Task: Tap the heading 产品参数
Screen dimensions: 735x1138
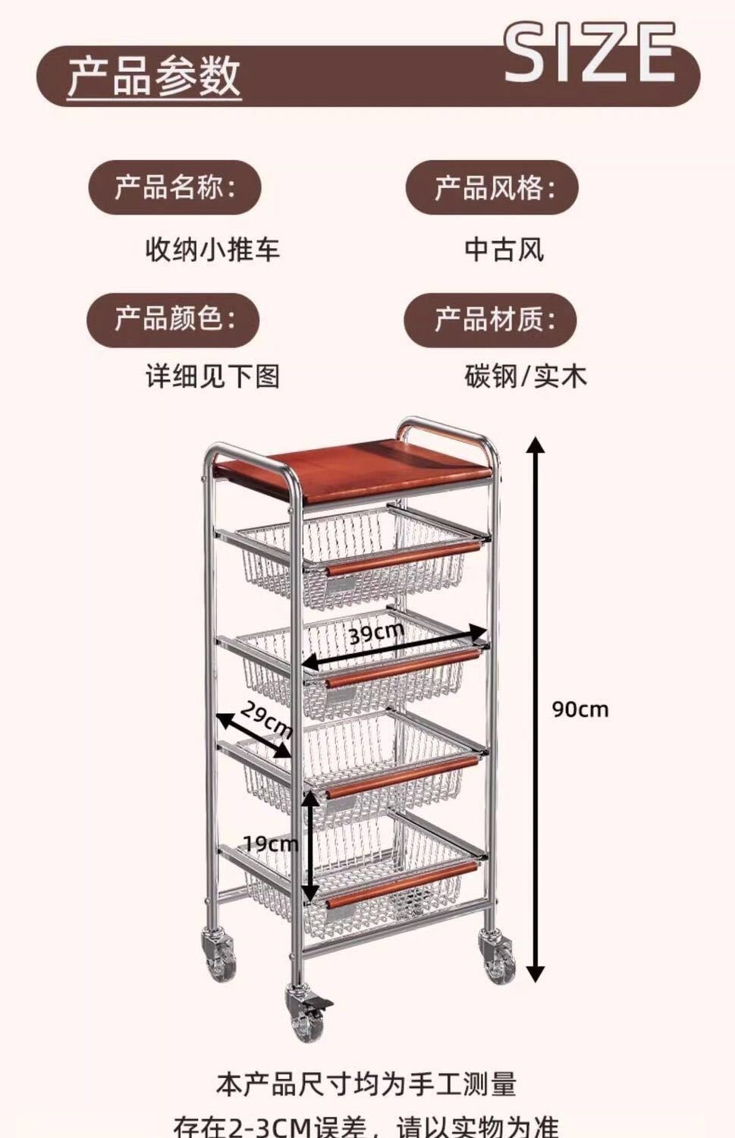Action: (x=154, y=76)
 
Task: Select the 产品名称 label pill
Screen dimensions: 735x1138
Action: (x=175, y=187)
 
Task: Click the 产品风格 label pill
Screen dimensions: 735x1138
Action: (x=492, y=187)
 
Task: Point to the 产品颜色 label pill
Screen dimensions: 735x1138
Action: (x=174, y=319)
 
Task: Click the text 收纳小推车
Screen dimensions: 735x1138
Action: (x=212, y=249)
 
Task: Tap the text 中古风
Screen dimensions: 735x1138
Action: (x=504, y=249)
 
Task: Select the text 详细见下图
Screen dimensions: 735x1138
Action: (x=212, y=376)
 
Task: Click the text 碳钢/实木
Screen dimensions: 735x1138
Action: (x=526, y=376)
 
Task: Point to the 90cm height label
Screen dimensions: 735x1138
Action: (x=580, y=709)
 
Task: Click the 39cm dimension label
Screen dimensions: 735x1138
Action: (x=377, y=631)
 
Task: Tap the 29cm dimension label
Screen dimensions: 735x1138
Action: (x=266, y=719)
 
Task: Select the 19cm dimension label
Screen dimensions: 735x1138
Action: (x=270, y=843)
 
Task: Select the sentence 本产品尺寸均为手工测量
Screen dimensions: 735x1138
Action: (x=366, y=1083)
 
